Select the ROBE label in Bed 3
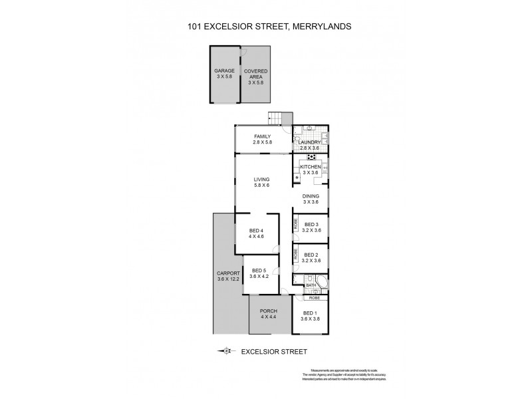(295, 226)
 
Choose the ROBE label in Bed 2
(295, 255)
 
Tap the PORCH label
(269, 311)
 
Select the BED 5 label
(258, 269)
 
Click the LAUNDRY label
(311, 142)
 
